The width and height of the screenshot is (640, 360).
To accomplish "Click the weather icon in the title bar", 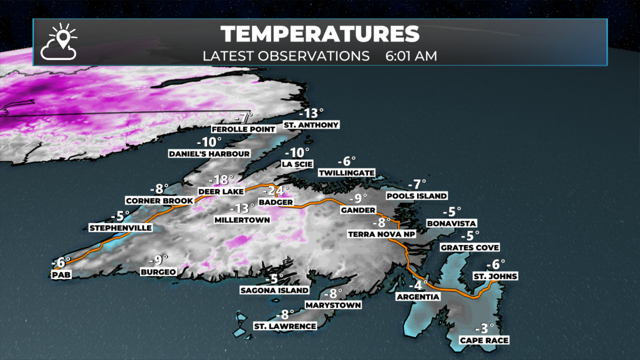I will click(x=59, y=42).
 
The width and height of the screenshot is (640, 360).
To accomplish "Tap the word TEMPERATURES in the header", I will click(x=320, y=34).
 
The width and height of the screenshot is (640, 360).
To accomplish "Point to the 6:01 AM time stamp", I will click(x=411, y=56).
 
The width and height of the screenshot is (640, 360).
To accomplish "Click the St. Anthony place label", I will click(x=311, y=125).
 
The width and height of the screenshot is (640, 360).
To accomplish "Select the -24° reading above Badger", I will click(x=276, y=191).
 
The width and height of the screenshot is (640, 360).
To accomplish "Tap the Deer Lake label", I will click(x=221, y=192).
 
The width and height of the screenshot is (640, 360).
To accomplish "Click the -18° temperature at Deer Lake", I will click(x=221, y=180).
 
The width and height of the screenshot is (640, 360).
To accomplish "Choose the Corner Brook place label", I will click(x=159, y=201).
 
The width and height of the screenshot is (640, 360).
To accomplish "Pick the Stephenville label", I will click(x=120, y=228).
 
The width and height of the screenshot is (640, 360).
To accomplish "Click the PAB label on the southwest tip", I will click(x=61, y=275).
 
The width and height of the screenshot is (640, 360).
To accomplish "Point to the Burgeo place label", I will click(x=158, y=272).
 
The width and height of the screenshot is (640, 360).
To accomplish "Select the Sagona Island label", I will click(x=274, y=290).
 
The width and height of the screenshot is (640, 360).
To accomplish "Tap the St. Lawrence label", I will click(x=285, y=326).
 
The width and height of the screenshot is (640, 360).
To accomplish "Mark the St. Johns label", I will click(x=495, y=276).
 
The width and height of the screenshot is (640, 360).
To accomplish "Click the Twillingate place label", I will click(x=347, y=173).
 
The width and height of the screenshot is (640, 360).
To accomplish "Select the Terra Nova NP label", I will click(x=381, y=234).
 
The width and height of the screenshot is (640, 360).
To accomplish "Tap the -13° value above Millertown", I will click(x=242, y=209).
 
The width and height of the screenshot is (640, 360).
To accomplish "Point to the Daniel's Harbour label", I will click(x=209, y=154).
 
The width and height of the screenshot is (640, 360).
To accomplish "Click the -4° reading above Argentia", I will click(x=418, y=285).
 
